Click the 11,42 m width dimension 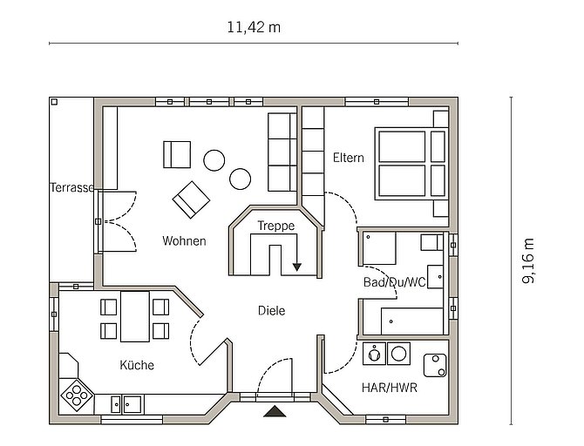coord(254,28)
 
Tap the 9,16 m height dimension coord(527,261)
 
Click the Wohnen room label coord(185,241)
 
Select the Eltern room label coord(349,158)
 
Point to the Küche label coord(137,365)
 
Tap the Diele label coord(271,310)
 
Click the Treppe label coord(276,226)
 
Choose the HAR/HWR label coord(390,388)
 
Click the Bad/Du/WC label coord(395,282)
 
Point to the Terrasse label coord(71,187)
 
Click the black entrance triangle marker coord(275,411)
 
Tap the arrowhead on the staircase coord(297,267)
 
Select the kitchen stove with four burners coord(77,395)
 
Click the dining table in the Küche coord(135,316)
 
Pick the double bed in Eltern coord(411,164)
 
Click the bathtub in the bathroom coord(412,321)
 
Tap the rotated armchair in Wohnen coord(191,199)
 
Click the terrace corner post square coord(54,102)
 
